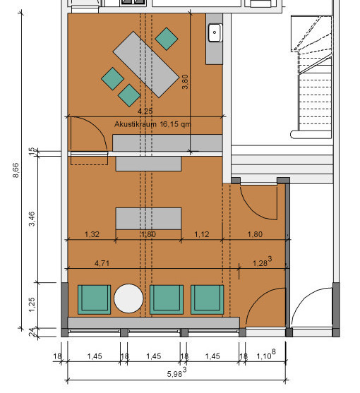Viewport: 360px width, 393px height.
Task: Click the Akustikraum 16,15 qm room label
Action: click(x=152, y=124)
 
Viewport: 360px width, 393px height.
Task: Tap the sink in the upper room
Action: click(x=215, y=32)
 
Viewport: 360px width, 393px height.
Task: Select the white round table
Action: click(x=128, y=298)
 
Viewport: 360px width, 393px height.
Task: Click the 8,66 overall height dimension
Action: click(x=16, y=170)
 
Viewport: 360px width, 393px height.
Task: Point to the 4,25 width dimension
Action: click(x=145, y=111)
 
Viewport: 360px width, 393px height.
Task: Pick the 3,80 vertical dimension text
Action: click(x=185, y=82)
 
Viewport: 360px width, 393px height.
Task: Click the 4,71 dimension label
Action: click(x=102, y=263)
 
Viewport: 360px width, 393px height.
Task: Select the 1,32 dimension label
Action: click(x=92, y=234)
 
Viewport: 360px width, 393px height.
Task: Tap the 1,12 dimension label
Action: click(x=202, y=234)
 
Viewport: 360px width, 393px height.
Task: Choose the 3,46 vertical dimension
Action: click(x=32, y=219)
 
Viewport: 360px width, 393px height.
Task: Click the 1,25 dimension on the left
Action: click(x=32, y=305)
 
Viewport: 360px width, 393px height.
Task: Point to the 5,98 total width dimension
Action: click(x=176, y=373)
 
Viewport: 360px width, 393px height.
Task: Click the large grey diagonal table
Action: click(x=146, y=64)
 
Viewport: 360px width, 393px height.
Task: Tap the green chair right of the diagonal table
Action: click(x=167, y=39)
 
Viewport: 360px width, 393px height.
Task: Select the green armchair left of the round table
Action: click(x=95, y=299)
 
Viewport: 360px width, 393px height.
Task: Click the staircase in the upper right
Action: click(x=312, y=76)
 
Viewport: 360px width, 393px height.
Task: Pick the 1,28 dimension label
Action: click(x=262, y=262)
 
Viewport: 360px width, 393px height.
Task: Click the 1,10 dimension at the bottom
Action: click(x=266, y=355)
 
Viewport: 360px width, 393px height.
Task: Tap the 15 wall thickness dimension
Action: click(x=32, y=152)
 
